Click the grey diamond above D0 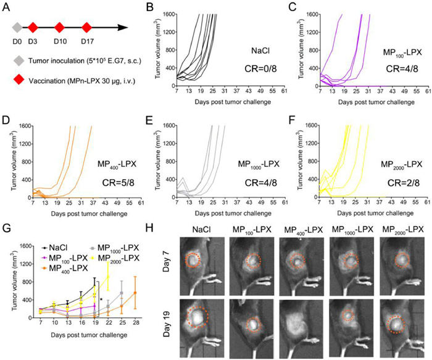tap(17, 27)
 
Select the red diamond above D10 tap(60, 27)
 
